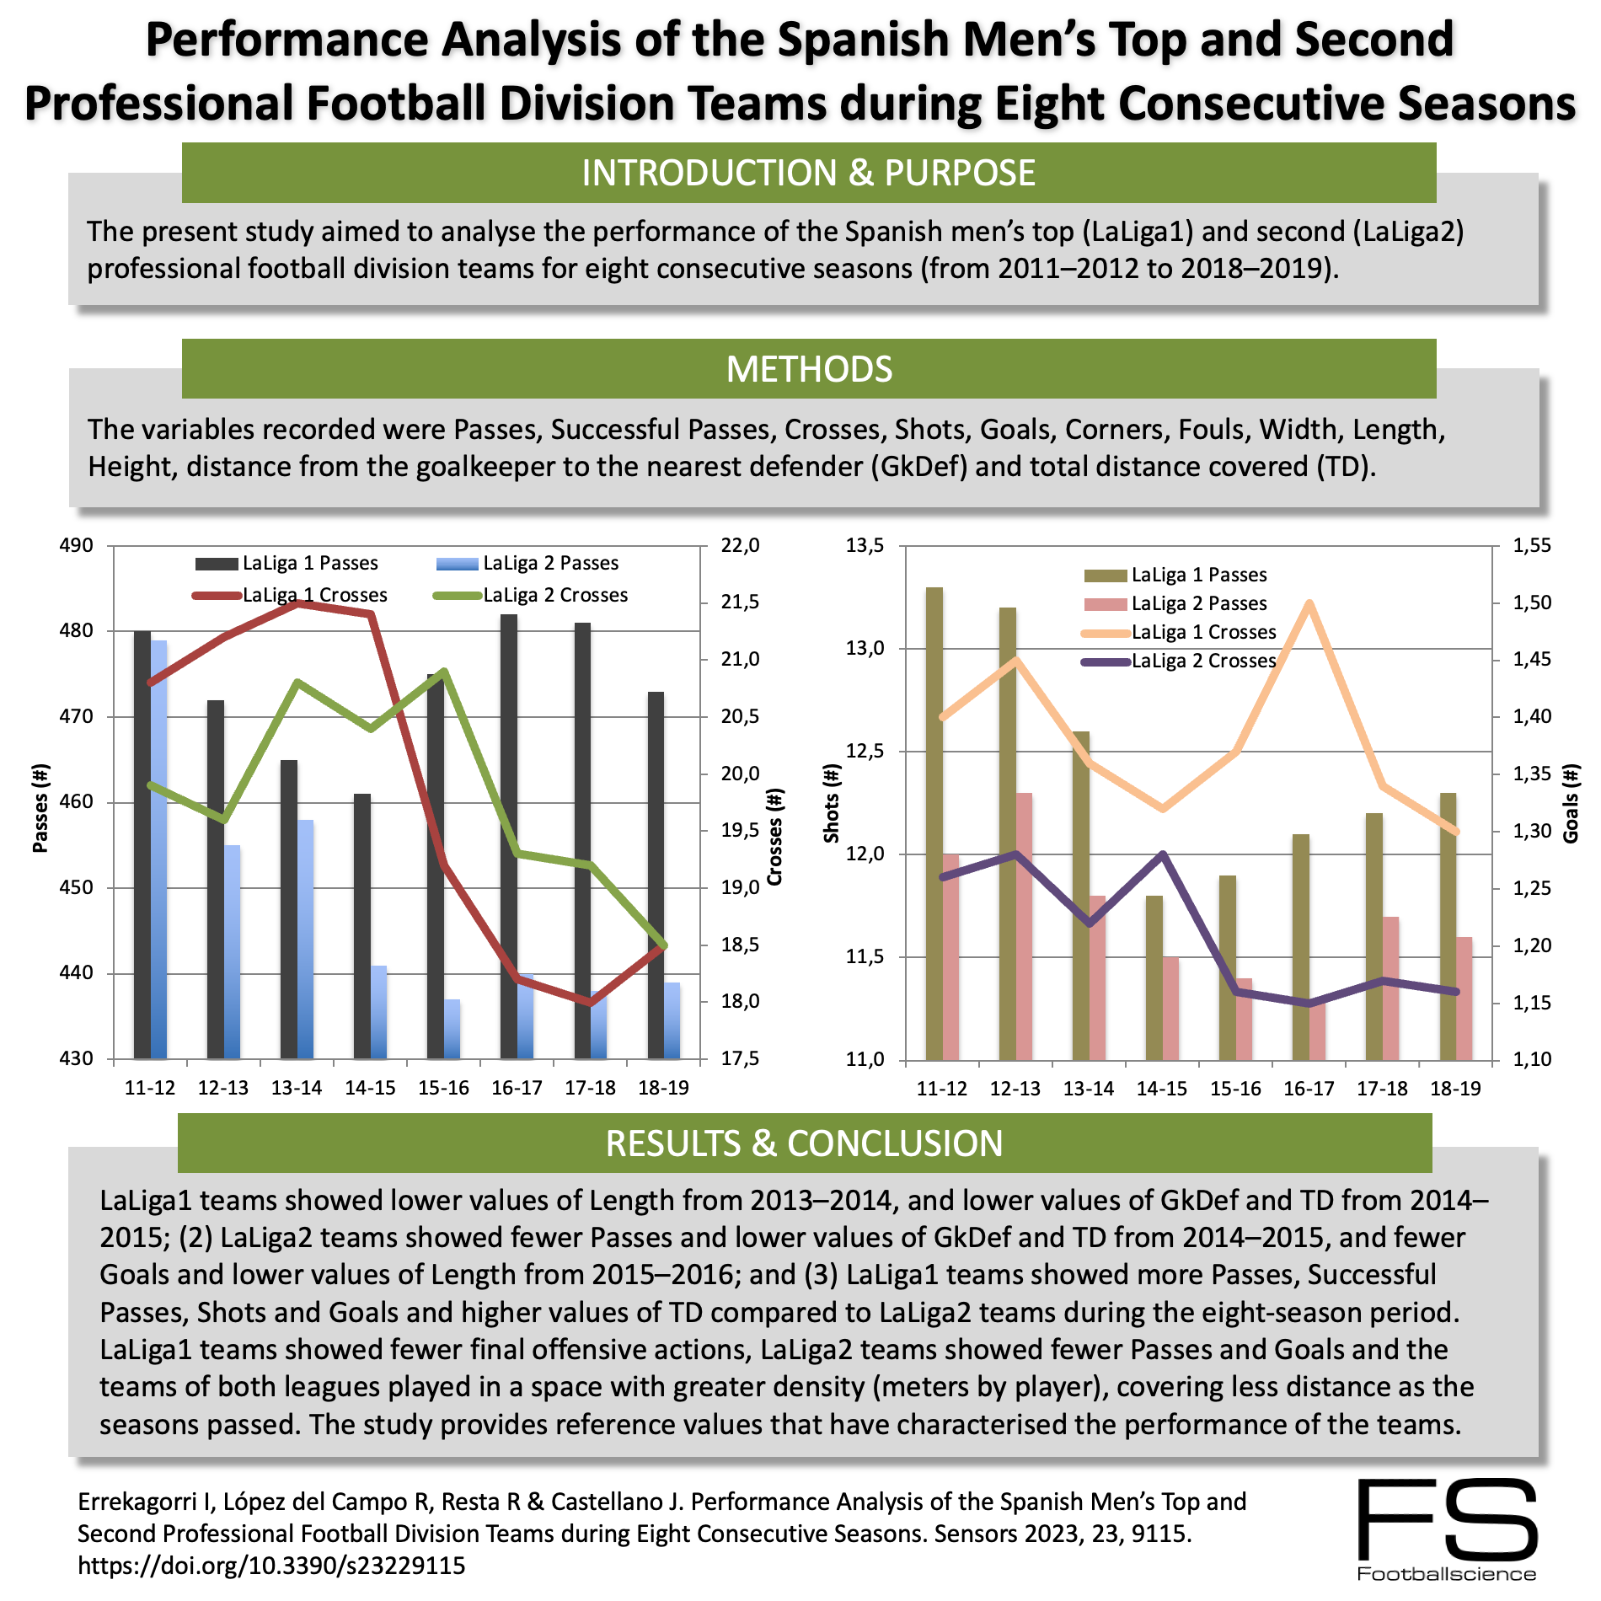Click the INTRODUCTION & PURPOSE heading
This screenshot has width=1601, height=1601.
coord(808,173)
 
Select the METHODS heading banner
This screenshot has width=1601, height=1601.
coord(809,369)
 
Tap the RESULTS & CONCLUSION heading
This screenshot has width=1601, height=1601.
coord(804,1143)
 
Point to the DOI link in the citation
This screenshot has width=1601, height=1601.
coord(271,1566)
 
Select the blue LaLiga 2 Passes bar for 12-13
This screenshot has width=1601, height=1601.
coord(232,952)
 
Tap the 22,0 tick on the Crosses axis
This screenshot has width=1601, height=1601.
coord(740,545)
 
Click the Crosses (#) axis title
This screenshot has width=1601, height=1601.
coord(775,836)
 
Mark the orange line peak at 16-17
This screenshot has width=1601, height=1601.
coord(1309,603)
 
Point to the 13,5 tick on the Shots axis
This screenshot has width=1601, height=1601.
coord(865,545)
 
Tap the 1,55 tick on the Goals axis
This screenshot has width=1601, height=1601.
coord(1532,545)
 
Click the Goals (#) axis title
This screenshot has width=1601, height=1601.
coord(1571,803)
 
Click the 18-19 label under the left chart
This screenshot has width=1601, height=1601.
coord(663,1088)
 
